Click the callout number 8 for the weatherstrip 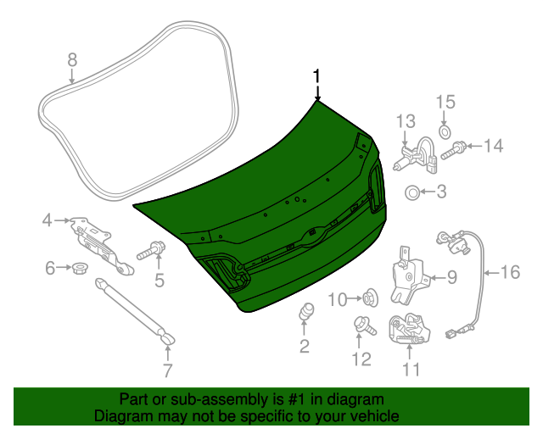[x=72, y=59]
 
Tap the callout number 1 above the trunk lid [x=317, y=75]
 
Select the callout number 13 [x=406, y=120]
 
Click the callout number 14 [x=492, y=146]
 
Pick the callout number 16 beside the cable [x=508, y=272]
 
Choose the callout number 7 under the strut [x=167, y=370]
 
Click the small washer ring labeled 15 [x=445, y=133]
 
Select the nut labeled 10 [x=369, y=298]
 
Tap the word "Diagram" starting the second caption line [x=122, y=417]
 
